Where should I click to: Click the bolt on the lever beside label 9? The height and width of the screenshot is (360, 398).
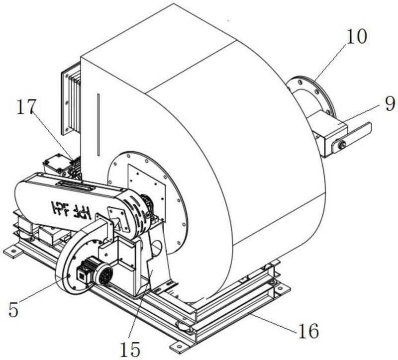pyautogui.click(x=341, y=145)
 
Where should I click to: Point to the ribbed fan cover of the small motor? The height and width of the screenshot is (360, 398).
pyautogui.click(x=103, y=274)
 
